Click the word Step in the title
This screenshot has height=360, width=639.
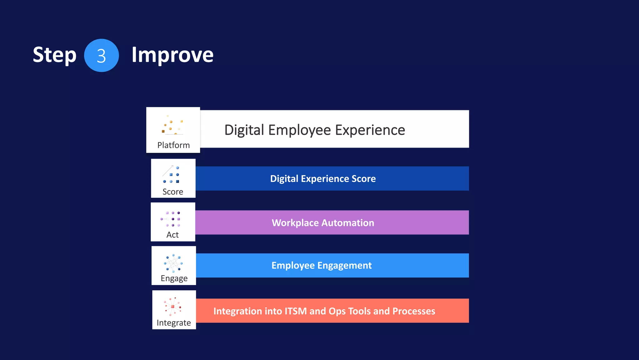click(x=55, y=55)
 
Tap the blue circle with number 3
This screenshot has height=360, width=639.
click(x=101, y=56)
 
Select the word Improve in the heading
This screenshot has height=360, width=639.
click(x=172, y=55)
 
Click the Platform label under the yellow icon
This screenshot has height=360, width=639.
click(x=173, y=145)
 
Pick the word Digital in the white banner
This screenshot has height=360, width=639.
click(x=244, y=130)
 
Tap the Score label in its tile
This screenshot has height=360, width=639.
click(x=173, y=192)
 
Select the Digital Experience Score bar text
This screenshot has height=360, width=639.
click(x=323, y=178)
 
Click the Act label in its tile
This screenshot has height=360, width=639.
click(x=173, y=235)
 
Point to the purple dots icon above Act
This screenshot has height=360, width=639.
click(x=171, y=219)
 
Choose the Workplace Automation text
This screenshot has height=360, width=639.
click(x=323, y=222)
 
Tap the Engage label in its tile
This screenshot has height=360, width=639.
click(x=174, y=278)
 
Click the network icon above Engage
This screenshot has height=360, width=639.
click(x=173, y=263)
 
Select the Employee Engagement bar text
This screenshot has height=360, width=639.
click(x=321, y=265)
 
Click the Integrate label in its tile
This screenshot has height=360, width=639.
click(x=174, y=322)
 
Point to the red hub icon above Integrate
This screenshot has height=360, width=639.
click(x=173, y=306)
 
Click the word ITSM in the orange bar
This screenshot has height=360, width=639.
click(x=295, y=311)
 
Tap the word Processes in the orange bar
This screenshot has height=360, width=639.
click(x=414, y=311)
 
